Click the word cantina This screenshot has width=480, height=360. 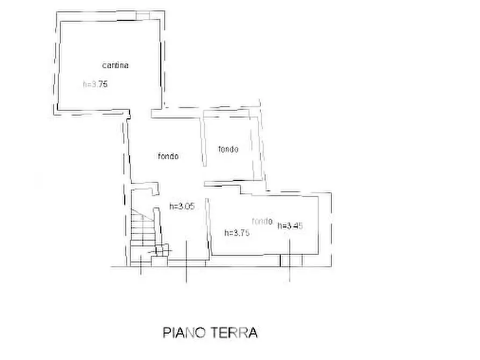(x=116, y=66)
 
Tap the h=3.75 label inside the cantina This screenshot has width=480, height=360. (x=96, y=84)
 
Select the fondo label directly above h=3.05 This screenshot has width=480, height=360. (x=168, y=157)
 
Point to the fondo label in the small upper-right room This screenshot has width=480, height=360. (x=228, y=149)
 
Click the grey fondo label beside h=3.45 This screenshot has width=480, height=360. (x=262, y=220)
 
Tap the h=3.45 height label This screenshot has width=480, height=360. (x=290, y=226)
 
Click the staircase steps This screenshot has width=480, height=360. (x=141, y=228)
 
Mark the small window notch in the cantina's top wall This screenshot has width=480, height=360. (x=142, y=15)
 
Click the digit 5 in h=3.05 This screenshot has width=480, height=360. (x=191, y=206)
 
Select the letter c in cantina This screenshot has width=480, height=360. (x=104, y=66)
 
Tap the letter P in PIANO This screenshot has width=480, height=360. (x=166, y=333)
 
